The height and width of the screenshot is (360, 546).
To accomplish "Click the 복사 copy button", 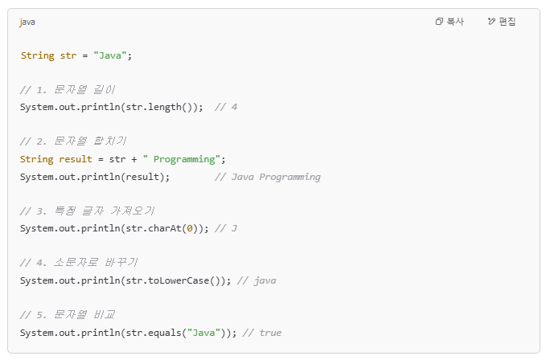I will (450, 22).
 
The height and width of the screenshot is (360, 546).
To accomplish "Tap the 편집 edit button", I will (502, 22).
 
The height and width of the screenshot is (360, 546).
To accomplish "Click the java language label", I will (27, 22).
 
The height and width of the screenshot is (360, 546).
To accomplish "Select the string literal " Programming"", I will (183, 159).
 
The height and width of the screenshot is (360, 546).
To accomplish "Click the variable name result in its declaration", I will (76, 159).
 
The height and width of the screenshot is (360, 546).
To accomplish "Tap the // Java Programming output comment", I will (268, 177).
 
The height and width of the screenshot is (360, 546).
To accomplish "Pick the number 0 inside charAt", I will (189, 229).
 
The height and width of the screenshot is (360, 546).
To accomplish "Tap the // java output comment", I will (257, 280).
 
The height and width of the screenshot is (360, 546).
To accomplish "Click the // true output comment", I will (261, 332).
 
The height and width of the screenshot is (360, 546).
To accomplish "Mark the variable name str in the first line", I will (68, 55).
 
